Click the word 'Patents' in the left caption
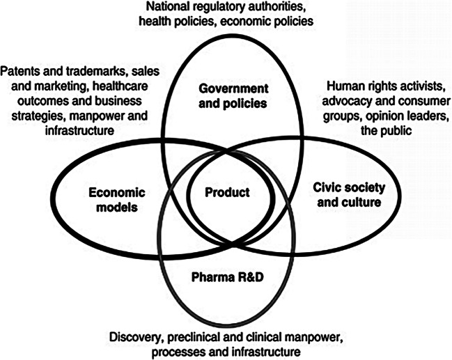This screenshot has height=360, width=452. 20,70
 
